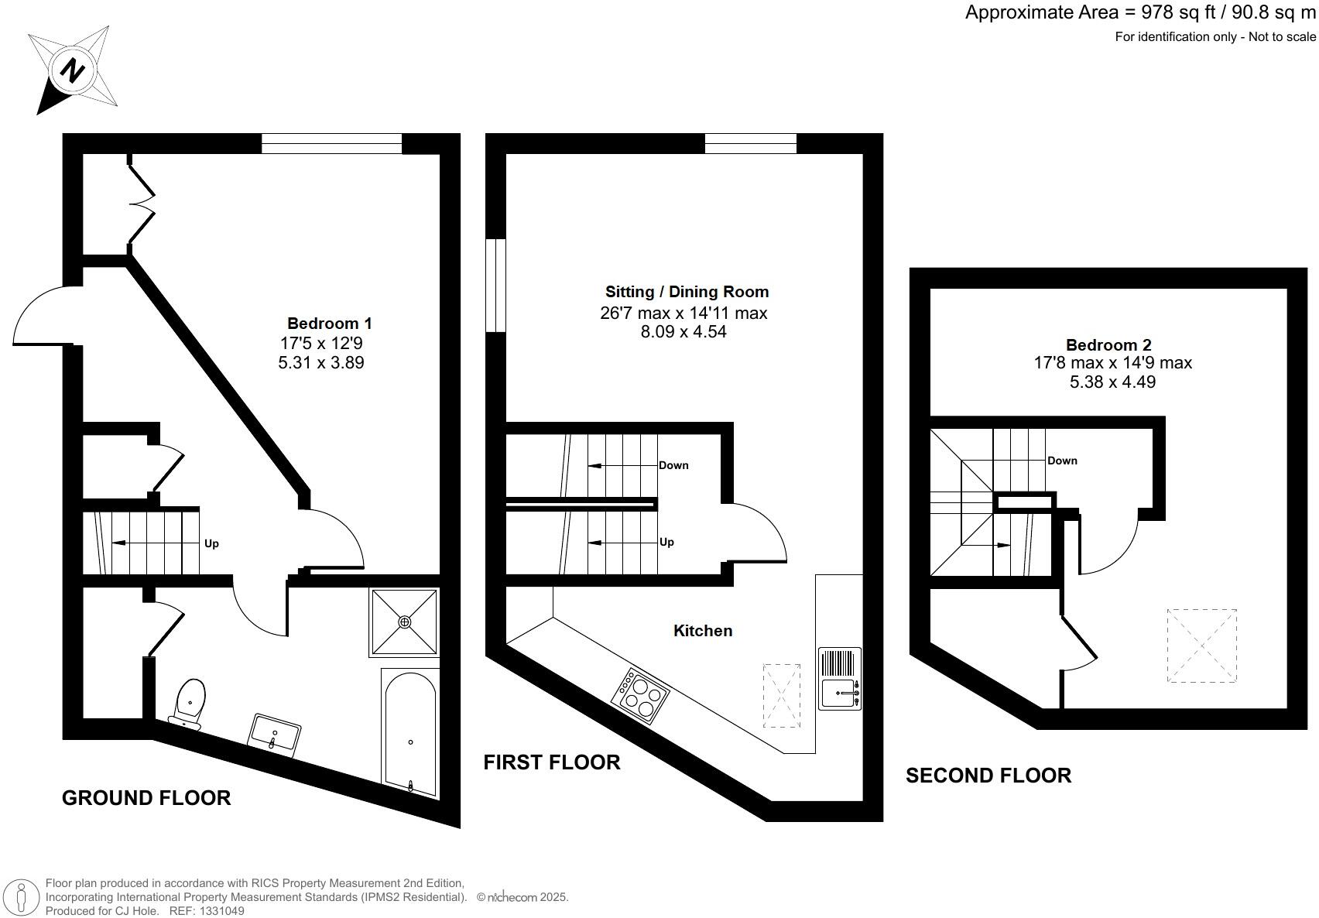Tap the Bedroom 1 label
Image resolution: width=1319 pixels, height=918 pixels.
click(329, 324)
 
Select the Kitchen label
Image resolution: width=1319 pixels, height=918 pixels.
click(703, 631)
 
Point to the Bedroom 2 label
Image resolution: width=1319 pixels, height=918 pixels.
click(1108, 344)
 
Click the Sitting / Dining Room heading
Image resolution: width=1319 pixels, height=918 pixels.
click(687, 292)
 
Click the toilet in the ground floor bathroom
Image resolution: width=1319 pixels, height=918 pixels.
click(188, 703)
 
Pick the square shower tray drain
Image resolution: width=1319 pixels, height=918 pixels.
click(405, 622)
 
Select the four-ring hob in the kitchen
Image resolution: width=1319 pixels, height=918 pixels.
click(640, 696)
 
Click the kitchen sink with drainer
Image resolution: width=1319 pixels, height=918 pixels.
click(840, 678)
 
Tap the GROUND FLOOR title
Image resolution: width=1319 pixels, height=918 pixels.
click(146, 799)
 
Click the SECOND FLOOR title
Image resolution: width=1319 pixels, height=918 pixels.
click(988, 776)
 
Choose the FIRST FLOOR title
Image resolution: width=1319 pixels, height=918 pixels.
click(552, 762)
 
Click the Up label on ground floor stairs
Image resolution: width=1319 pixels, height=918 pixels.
click(211, 543)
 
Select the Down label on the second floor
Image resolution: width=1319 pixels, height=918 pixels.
click(1062, 461)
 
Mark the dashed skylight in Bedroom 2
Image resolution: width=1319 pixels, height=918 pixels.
click(1202, 646)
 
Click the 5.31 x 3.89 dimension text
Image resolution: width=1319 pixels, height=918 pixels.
click(321, 362)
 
